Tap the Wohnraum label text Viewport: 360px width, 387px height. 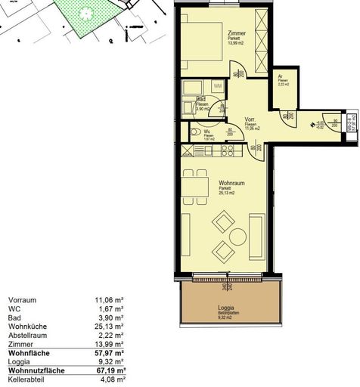[231, 183]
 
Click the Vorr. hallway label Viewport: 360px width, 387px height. [249, 120]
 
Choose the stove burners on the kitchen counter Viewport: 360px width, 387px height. [225, 151]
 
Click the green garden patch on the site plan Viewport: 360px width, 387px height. [87, 17]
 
